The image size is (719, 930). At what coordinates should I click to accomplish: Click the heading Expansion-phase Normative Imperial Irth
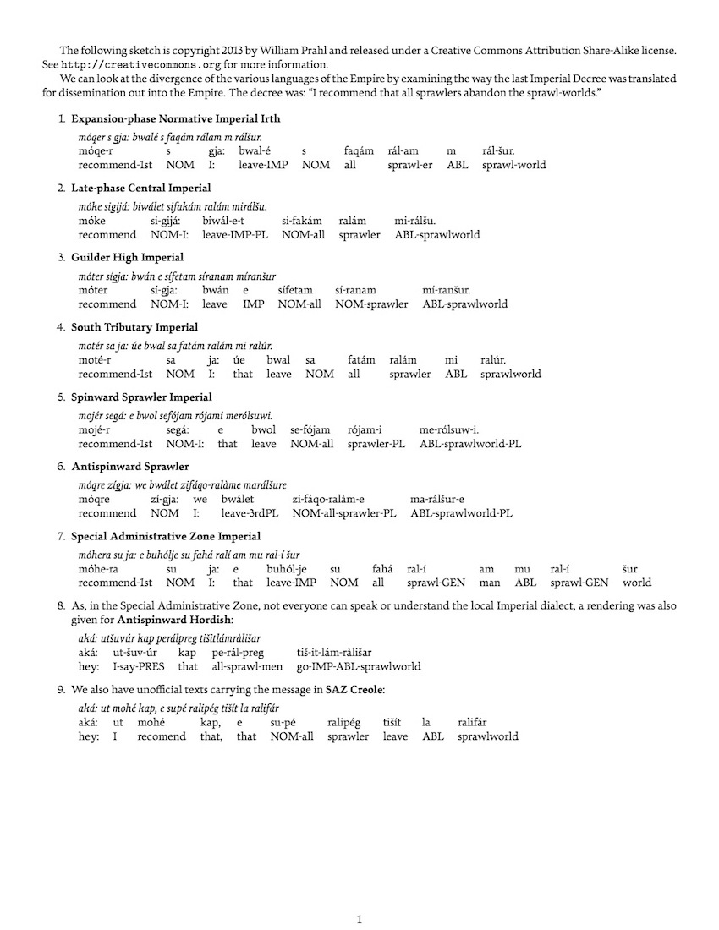175,118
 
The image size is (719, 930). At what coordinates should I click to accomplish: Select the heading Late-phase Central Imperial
140,188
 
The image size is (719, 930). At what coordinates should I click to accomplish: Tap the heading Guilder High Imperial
127,257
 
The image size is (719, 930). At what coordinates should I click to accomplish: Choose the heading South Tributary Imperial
134,327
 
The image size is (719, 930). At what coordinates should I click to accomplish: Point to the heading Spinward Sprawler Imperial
141,397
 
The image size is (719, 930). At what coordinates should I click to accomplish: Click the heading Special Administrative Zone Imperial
165,536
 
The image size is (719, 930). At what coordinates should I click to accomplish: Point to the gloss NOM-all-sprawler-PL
343,513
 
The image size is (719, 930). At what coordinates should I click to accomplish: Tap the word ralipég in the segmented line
343,722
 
